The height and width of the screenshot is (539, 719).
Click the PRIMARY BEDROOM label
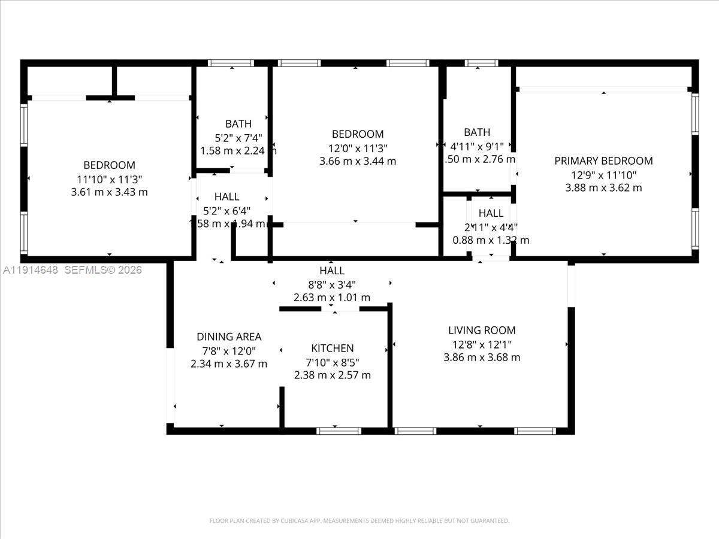coord(603,161)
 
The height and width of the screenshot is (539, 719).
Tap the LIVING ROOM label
coord(482,330)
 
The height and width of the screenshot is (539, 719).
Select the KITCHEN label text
coord(332,348)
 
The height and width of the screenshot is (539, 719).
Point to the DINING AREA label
coord(229,337)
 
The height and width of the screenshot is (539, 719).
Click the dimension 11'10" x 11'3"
coord(109,178)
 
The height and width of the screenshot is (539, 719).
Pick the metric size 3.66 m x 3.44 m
coord(358,161)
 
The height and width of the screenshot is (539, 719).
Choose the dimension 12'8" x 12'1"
coord(482,344)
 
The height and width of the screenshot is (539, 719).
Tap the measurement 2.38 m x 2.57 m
coord(332,375)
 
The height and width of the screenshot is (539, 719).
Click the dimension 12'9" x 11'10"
coord(603,174)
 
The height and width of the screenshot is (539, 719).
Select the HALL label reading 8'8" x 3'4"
coord(331,271)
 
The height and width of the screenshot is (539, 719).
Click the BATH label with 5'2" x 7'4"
coord(238,124)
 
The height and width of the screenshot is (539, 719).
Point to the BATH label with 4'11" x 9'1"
coord(477,132)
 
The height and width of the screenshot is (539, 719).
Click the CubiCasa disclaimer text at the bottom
coord(359,521)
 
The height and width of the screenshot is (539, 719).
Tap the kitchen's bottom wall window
coord(339,431)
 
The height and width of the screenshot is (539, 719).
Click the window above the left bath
coord(231,63)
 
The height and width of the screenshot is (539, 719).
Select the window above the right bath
coord(482,63)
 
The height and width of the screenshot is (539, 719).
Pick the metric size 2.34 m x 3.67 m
coord(229,364)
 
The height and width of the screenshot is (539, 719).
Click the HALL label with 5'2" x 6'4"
coord(226,196)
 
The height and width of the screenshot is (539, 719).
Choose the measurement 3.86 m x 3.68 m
coord(482,358)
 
